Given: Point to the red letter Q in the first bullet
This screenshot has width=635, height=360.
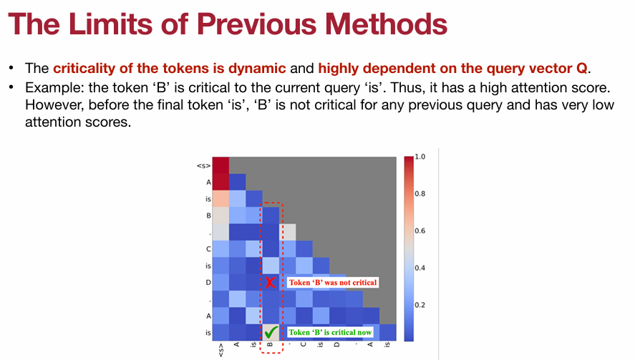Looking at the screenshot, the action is [581, 69].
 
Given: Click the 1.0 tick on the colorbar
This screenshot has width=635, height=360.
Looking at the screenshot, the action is [420, 157].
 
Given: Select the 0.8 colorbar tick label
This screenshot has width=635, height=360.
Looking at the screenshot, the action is [420, 193].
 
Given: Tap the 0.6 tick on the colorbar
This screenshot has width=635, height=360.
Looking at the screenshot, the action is [420, 231].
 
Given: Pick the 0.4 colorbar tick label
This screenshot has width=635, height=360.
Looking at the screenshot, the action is [420, 268].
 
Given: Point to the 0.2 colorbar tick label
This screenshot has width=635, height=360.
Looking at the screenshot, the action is [420, 305].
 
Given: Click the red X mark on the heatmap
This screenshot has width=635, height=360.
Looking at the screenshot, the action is [271, 282].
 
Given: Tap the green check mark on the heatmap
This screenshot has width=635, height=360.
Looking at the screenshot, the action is [271, 332].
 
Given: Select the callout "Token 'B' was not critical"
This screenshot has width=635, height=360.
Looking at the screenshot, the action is [333, 282].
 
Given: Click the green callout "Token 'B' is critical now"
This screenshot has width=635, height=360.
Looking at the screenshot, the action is [330, 332].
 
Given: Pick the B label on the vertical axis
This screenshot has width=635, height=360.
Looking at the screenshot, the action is [208, 215].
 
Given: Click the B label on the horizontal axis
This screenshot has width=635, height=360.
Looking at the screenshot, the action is [270, 345].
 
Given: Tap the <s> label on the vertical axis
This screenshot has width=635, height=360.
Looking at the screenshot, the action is [204, 165].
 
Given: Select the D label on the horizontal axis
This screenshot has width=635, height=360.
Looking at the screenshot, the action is [337, 345].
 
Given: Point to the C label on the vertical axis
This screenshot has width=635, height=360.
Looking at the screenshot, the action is [208, 248].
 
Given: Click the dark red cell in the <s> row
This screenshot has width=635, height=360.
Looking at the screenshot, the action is [220, 165].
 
